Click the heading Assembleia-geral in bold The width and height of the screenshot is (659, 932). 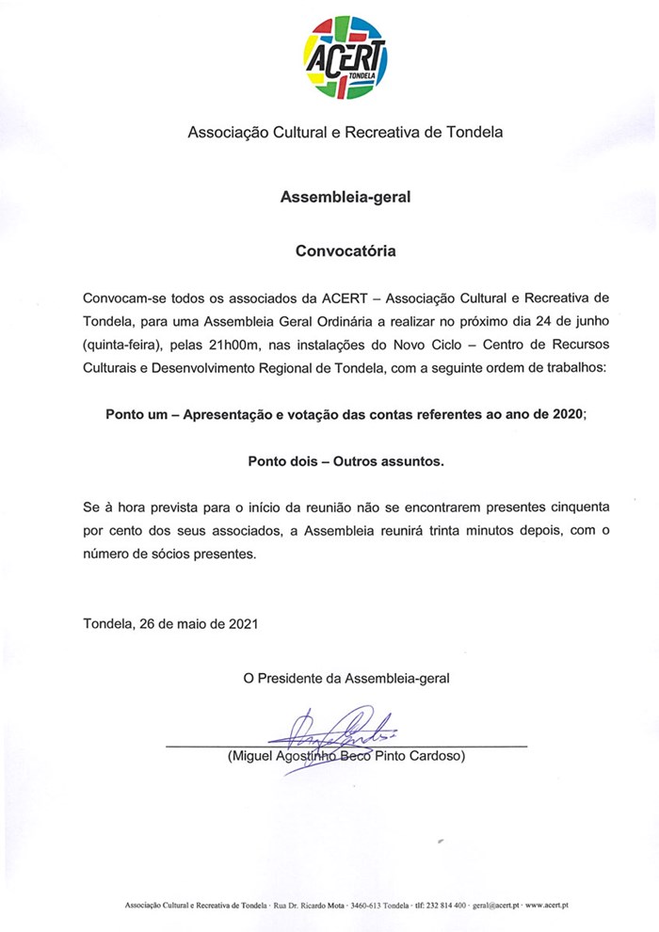(x=346, y=198)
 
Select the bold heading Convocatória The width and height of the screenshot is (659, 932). (x=346, y=251)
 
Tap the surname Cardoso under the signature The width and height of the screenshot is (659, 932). (x=438, y=756)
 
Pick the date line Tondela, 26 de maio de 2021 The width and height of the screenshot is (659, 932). (x=169, y=622)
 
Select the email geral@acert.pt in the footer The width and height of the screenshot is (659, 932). (x=495, y=905)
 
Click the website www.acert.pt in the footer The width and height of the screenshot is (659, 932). (x=547, y=905)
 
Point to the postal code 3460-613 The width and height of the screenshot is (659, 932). (x=367, y=905)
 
